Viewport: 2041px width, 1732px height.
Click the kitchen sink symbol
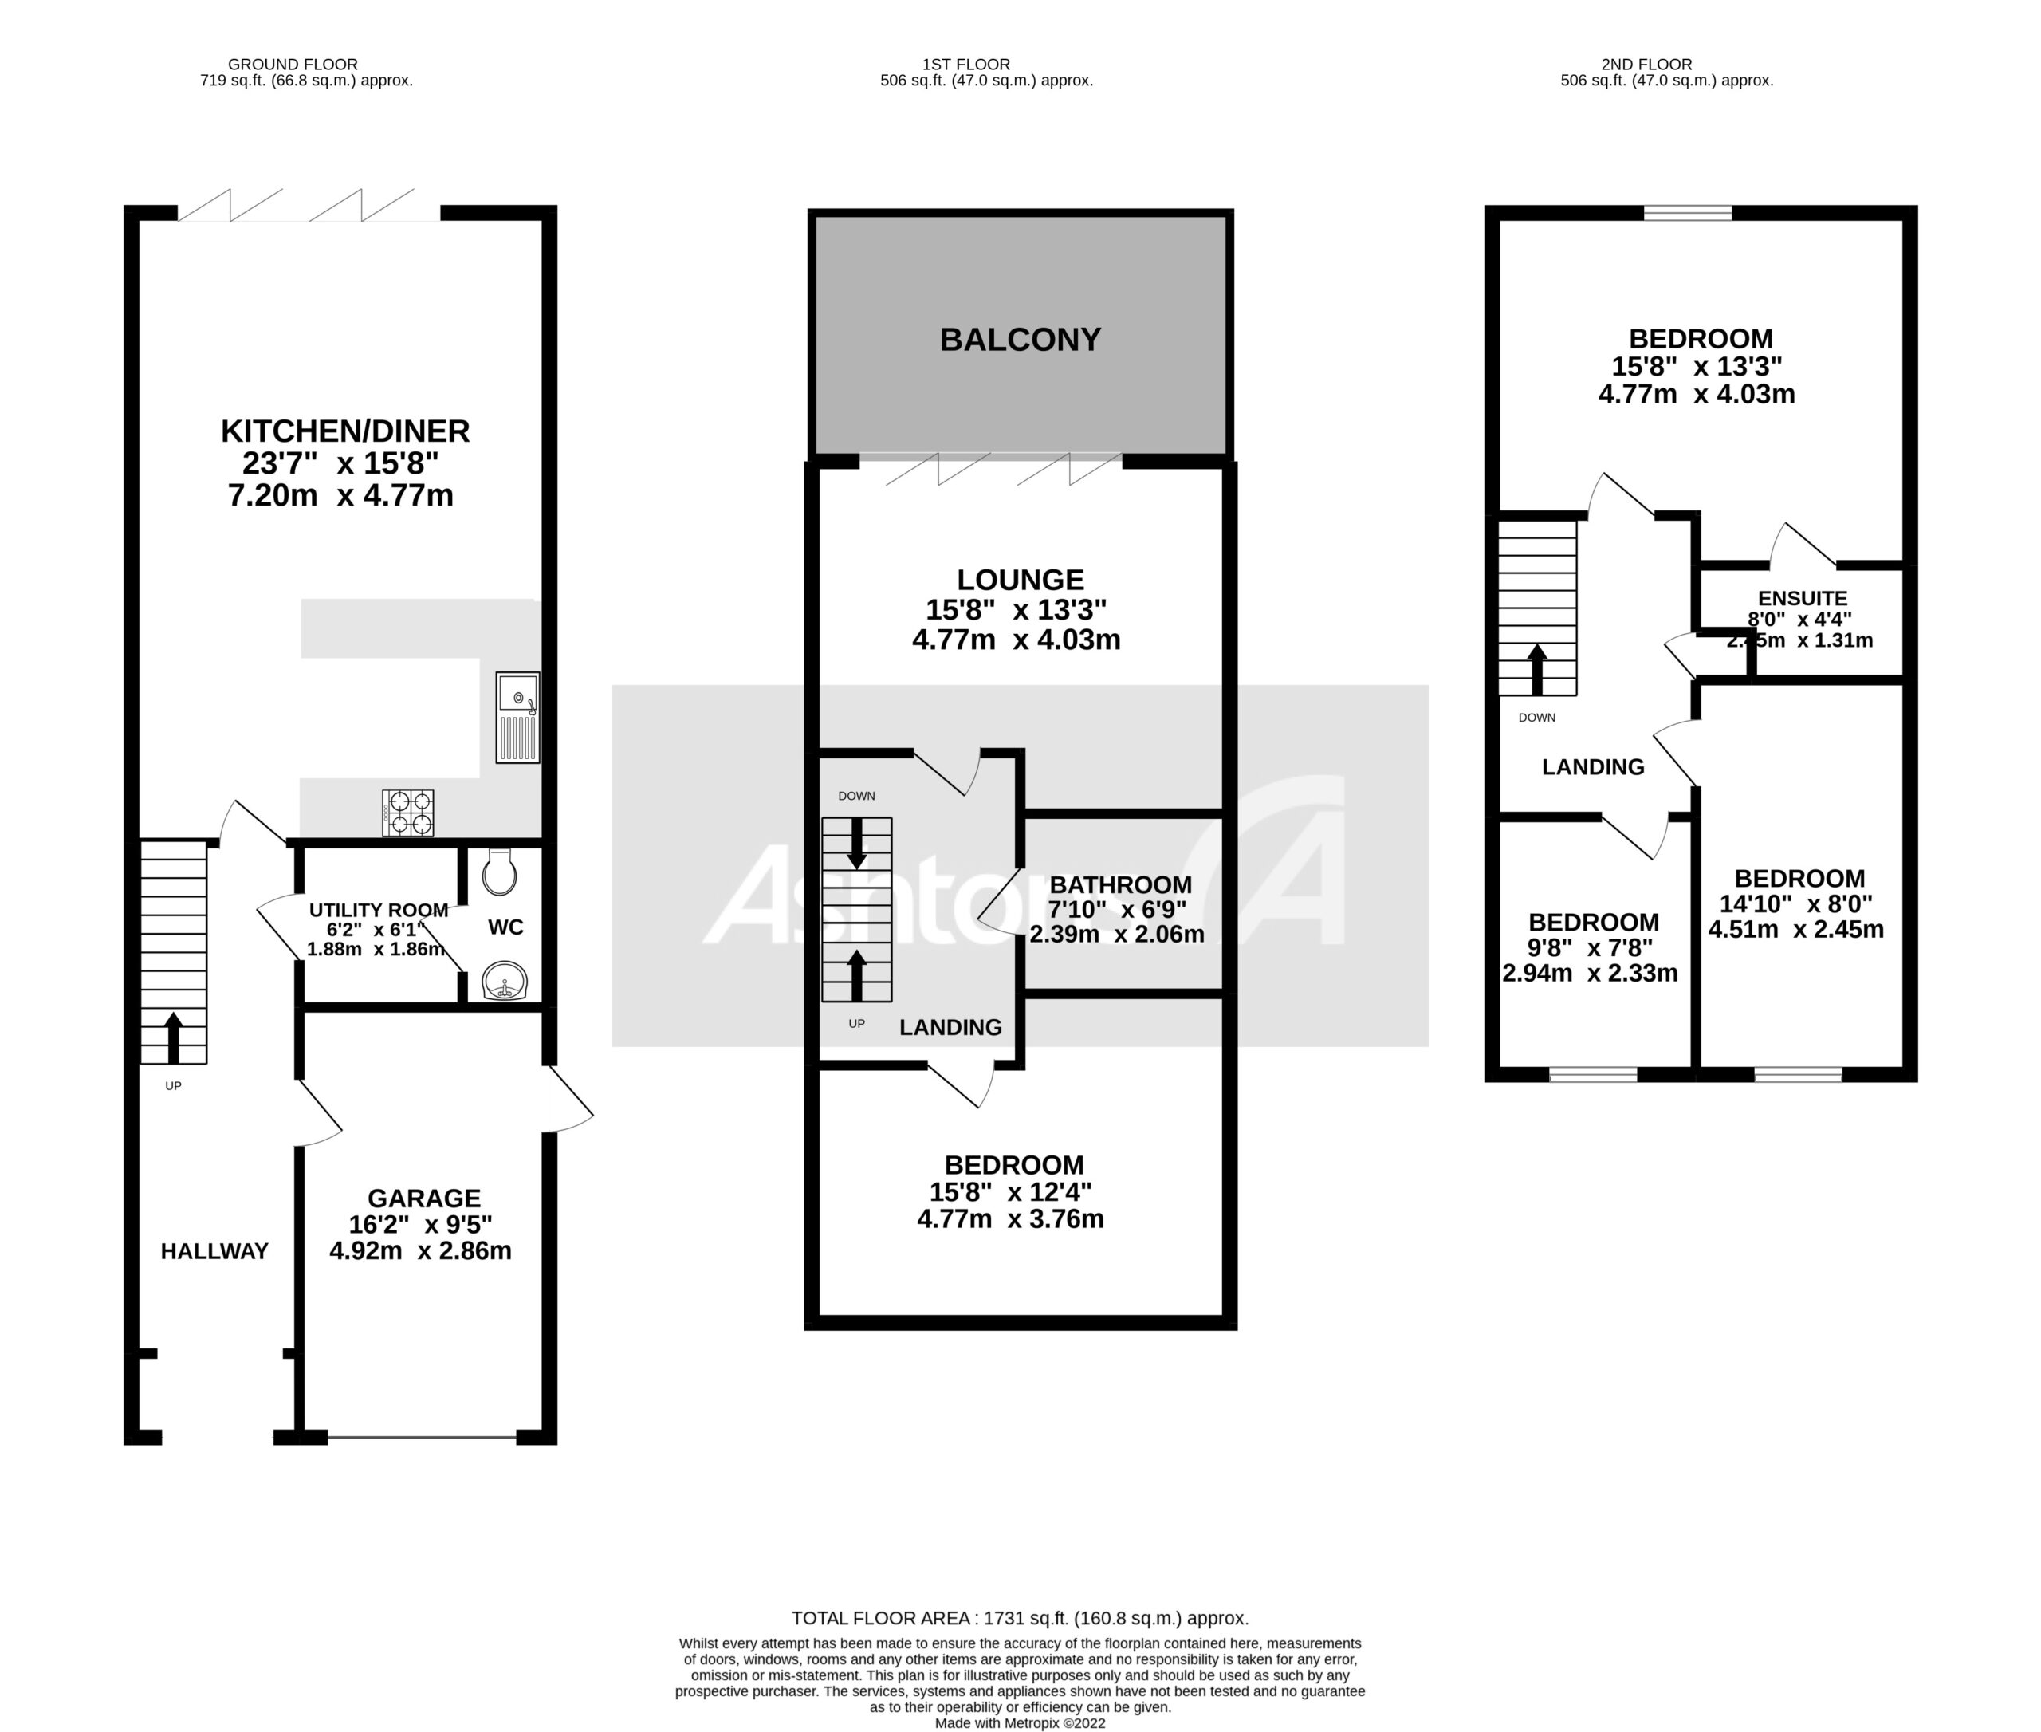tap(517, 717)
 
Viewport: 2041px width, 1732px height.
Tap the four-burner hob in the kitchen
tap(407, 813)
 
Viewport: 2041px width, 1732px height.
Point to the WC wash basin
tap(505, 980)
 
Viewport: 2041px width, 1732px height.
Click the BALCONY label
tap(1020, 340)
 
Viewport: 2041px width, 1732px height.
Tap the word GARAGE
tap(424, 1198)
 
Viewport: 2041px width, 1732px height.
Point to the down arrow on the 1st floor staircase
tap(857, 844)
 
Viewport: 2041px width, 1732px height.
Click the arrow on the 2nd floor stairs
tap(1536, 670)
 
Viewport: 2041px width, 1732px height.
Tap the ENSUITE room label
tap(1803, 598)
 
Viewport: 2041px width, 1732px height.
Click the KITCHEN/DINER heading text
tap(344, 431)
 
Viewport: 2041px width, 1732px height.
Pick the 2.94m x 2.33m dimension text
tap(1590, 973)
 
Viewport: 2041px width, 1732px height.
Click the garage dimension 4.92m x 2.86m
tap(420, 1251)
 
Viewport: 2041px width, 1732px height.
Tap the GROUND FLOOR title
tap(293, 65)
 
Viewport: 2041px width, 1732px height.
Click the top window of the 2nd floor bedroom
tap(1688, 213)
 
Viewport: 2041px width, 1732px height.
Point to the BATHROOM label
tap(1120, 884)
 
